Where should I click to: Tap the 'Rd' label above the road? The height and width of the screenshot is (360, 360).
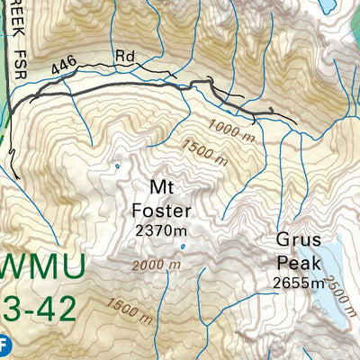tap(125, 57)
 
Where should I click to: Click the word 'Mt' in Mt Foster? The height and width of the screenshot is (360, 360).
tap(163, 188)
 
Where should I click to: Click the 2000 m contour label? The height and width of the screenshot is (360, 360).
tap(155, 265)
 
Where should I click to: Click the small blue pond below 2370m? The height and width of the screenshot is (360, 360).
tap(183, 246)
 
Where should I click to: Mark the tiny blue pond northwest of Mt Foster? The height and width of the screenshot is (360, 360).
tap(116, 166)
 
